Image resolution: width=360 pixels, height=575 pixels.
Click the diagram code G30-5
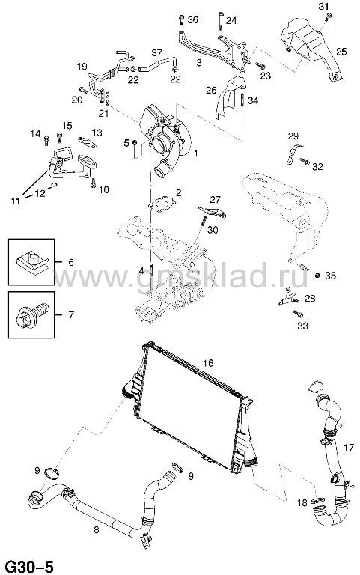(31, 566)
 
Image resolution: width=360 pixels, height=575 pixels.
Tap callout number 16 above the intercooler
(208, 363)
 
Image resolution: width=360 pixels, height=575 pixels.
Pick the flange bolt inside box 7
(32, 314)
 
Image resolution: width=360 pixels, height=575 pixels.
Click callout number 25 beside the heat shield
(341, 52)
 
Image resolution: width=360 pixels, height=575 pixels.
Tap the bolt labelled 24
(220, 21)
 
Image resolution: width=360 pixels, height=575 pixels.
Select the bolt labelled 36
(181, 19)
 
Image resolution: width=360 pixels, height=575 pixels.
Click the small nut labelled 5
(135, 142)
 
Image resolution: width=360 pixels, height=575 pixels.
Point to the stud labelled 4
(150, 271)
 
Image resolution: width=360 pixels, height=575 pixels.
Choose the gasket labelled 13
(87, 142)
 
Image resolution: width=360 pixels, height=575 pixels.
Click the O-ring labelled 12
(54, 185)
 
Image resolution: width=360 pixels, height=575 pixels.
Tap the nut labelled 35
(318, 275)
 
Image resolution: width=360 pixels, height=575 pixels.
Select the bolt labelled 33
(298, 314)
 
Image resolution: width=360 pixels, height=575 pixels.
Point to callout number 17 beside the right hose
(349, 448)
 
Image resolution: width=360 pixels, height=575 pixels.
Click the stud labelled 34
(242, 101)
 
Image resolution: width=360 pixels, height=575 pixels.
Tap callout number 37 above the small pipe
(157, 53)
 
